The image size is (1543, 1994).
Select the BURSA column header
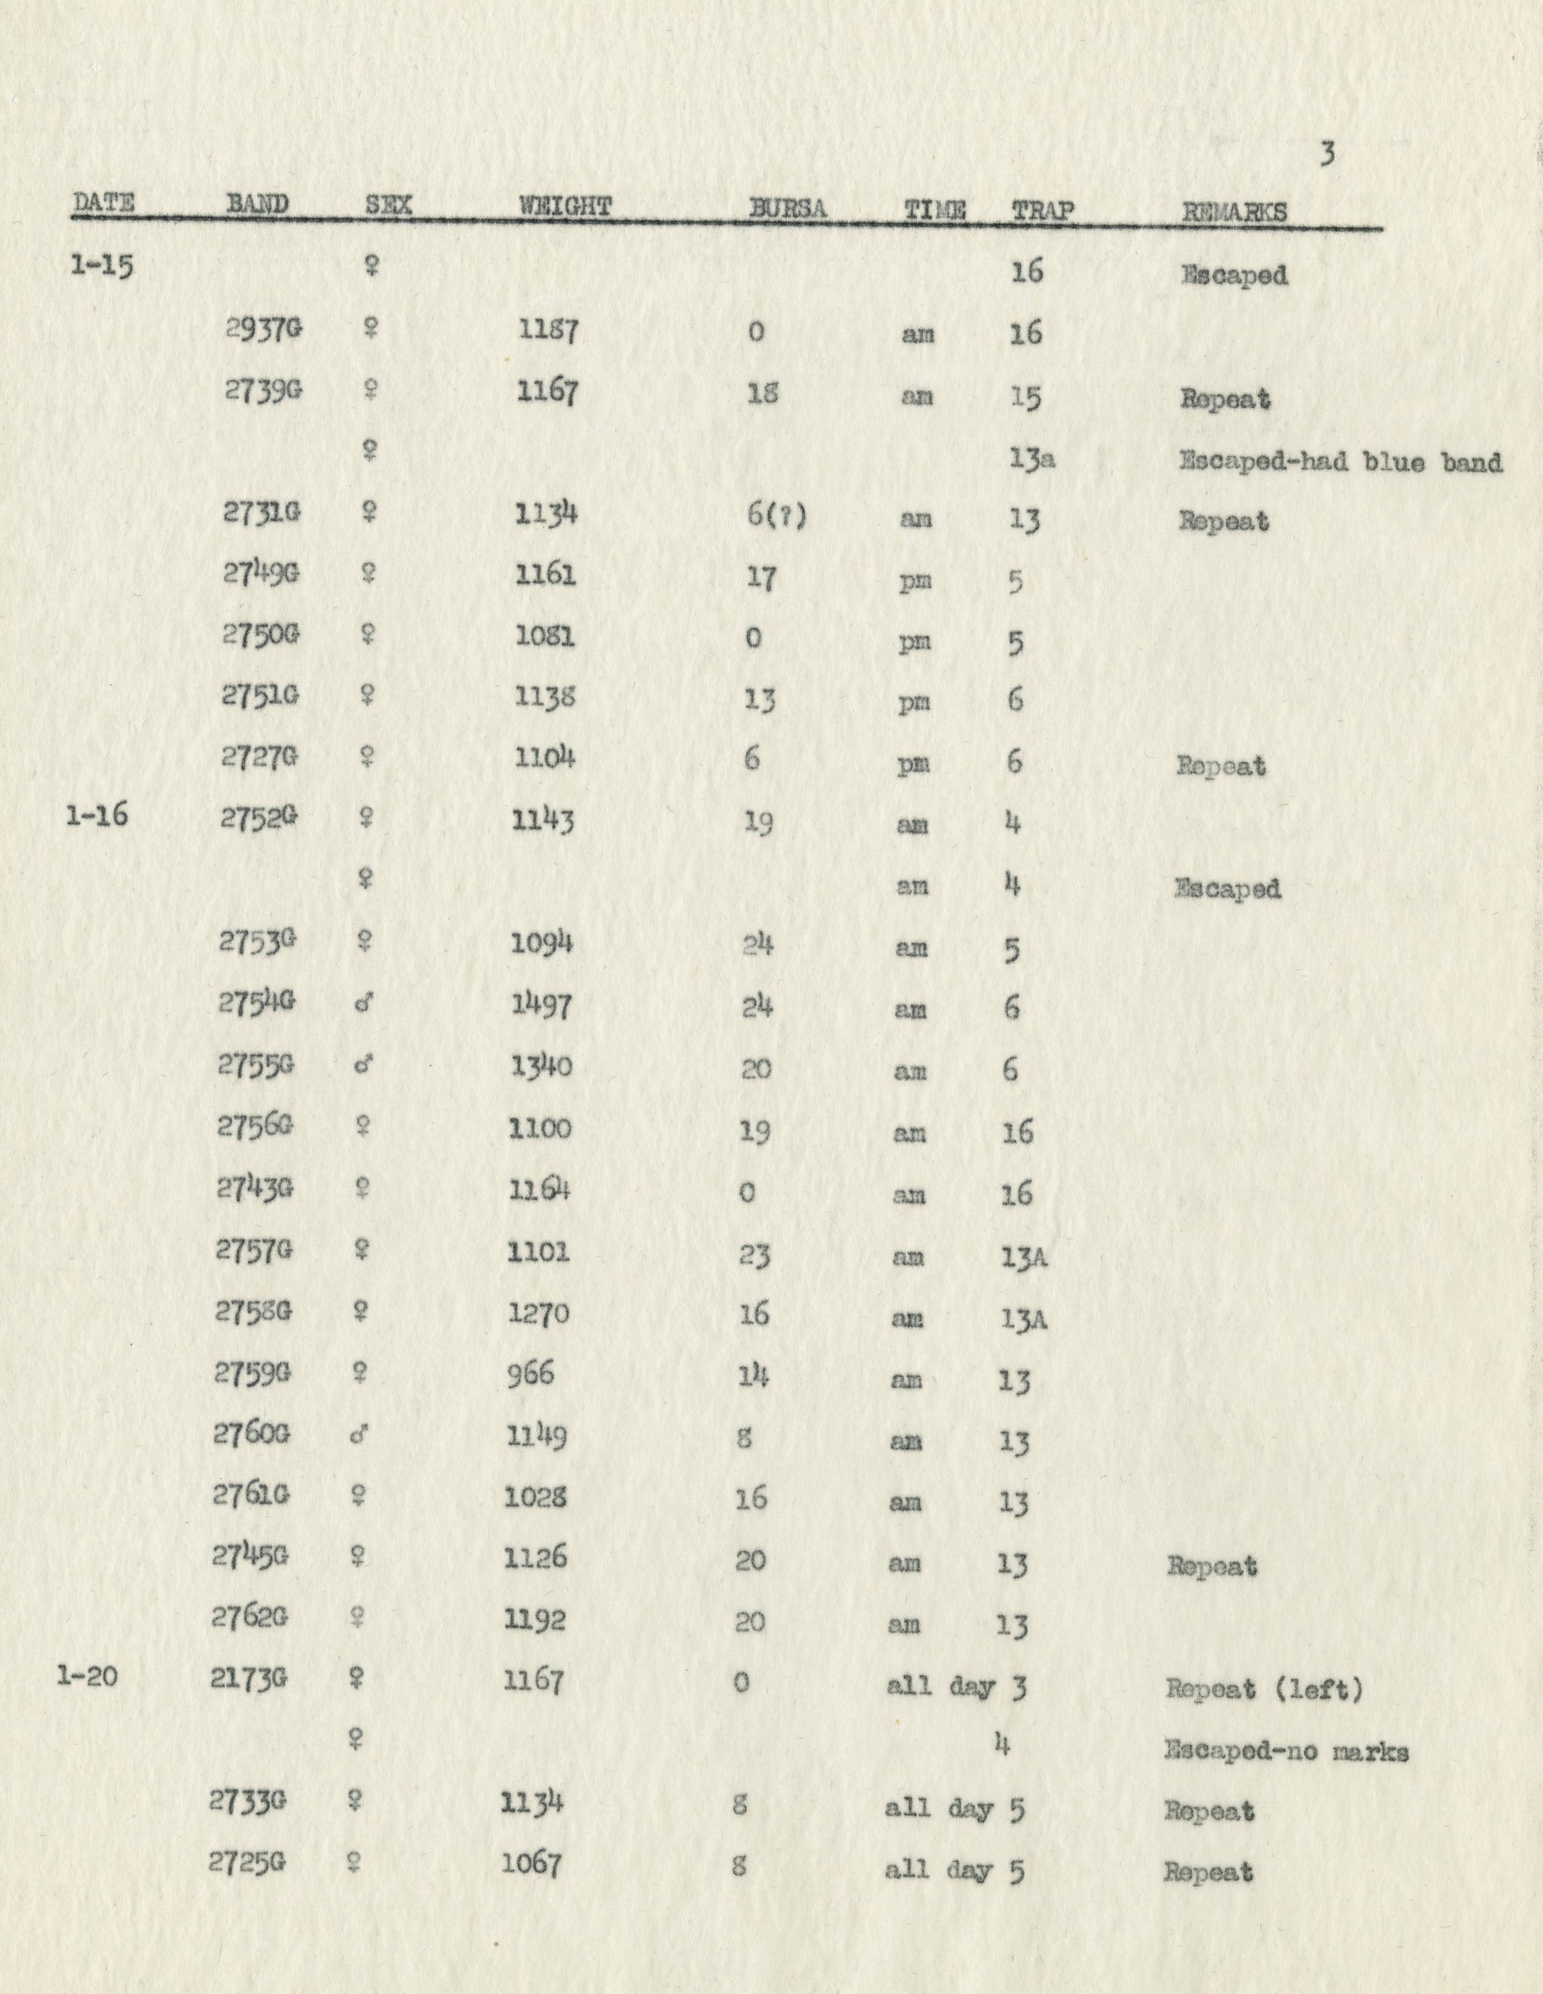pyautogui.click(x=787, y=209)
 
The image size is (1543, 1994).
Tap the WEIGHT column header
pyautogui.click(x=565, y=207)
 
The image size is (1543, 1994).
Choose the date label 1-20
pyautogui.click(x=87, y=1676)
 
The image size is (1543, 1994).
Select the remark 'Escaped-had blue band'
pyautogui.click(x=1340, y=461)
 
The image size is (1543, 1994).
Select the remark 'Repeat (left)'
pyautogui.click(x=1264, y=1689)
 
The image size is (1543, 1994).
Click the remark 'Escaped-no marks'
pyautogui.click(x=1286, y=1751)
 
